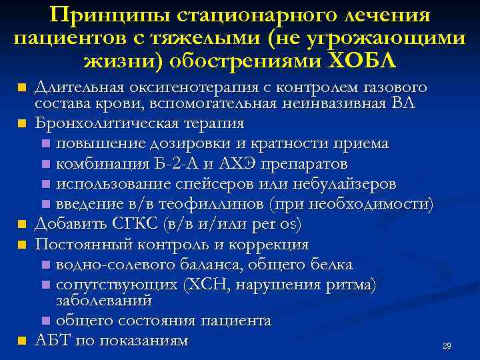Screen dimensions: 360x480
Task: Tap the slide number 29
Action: click(447, 346)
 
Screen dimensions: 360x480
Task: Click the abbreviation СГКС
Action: click(133, 223)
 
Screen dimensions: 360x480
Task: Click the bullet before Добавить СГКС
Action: click(22, 224)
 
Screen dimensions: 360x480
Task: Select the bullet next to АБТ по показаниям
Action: click(22, 341)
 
